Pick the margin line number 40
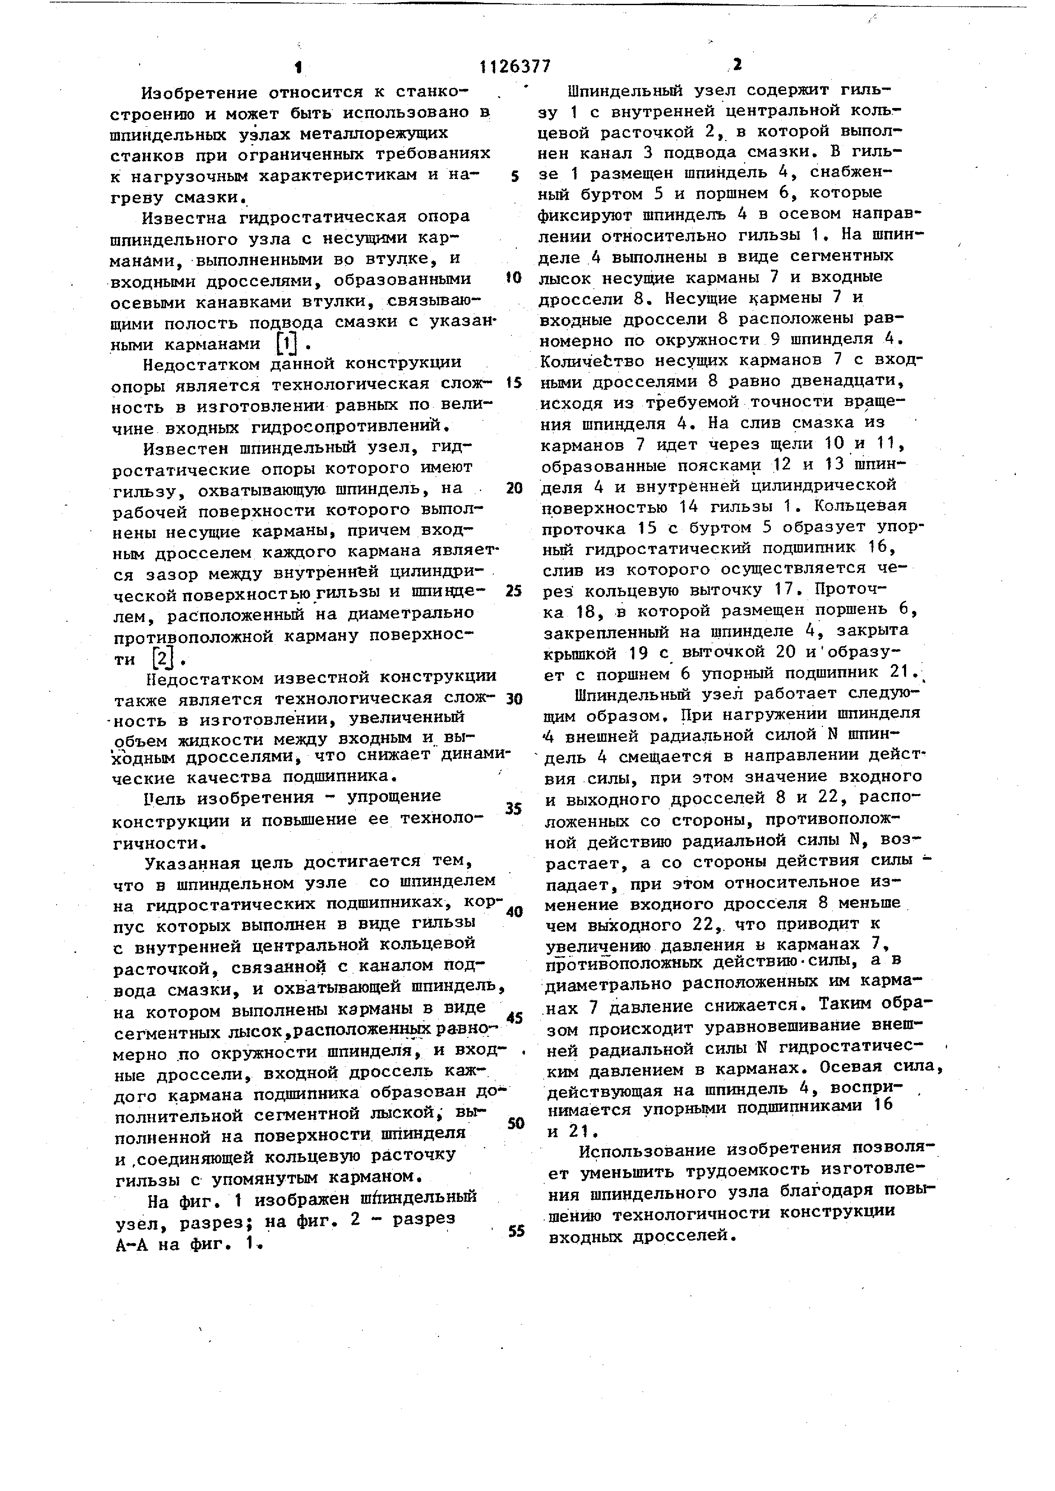point(514,912)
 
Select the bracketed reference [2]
point(163,659)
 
